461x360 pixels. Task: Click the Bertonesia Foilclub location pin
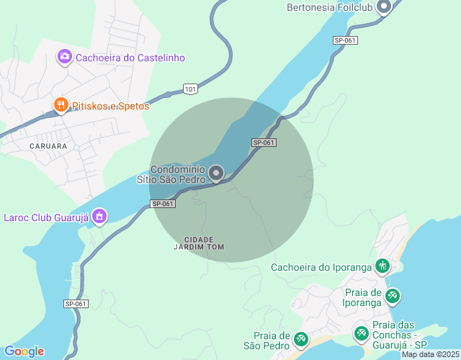point(383,7)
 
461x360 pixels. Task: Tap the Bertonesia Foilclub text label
point(328,8)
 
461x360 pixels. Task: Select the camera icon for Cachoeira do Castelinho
point(64,57)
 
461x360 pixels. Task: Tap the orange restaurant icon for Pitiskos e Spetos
point(61,106)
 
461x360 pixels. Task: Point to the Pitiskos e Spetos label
point(111,106)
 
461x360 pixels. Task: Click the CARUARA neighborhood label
point(48,145)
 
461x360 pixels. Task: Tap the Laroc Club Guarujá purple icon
point(99,216)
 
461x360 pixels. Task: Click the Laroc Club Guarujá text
point(45,216)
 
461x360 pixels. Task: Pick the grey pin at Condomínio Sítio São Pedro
point(216,173)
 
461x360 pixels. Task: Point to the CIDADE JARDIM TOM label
point(200,243)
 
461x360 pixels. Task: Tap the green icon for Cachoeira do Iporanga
point(382,267)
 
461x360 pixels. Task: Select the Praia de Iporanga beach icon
point(392,296)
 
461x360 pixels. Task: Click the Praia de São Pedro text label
point(271,341)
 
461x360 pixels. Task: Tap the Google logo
point(24,351)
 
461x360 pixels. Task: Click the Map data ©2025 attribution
point(430,354)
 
